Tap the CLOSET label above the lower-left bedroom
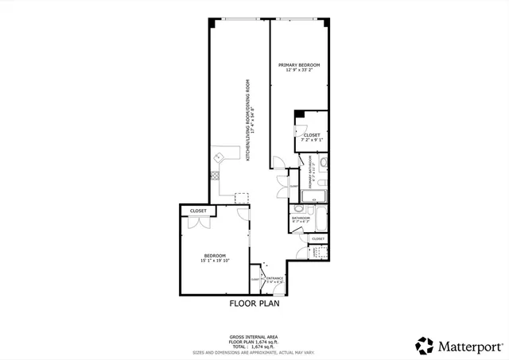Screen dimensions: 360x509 pos(198,211)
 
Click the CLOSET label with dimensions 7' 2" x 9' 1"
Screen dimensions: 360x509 pos(312,139)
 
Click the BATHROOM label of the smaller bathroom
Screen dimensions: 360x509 pos(301,218)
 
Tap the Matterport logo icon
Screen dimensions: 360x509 pos(425,346)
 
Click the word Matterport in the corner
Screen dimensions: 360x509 pos(466,346)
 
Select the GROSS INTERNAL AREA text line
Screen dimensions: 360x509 pos(254,337)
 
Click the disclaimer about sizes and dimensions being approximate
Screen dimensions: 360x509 pos(254,352)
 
